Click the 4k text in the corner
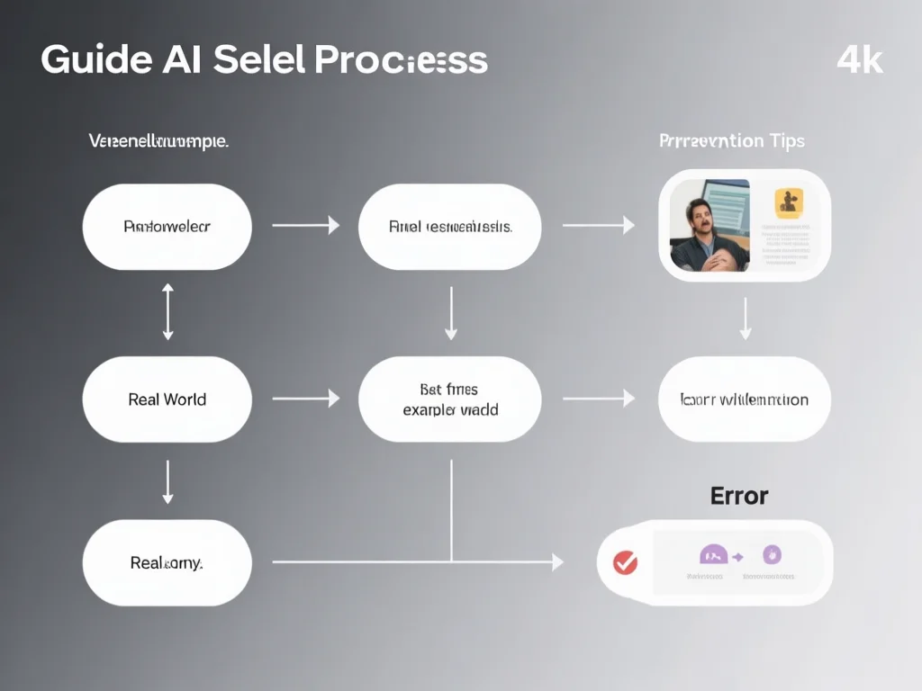pos(860,60)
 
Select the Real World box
pos(167,399)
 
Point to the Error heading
pos(739,496)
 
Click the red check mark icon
pos(625,563)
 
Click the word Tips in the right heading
pos(787,141)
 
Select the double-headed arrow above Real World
pos(167,312)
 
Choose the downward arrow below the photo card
pos(745,319)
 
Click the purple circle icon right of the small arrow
pos(772,554)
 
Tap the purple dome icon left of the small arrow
pos(712,555)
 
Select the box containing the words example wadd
pos(450,399)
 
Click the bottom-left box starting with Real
pos(167,562)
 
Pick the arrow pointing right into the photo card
pos(598,226)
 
